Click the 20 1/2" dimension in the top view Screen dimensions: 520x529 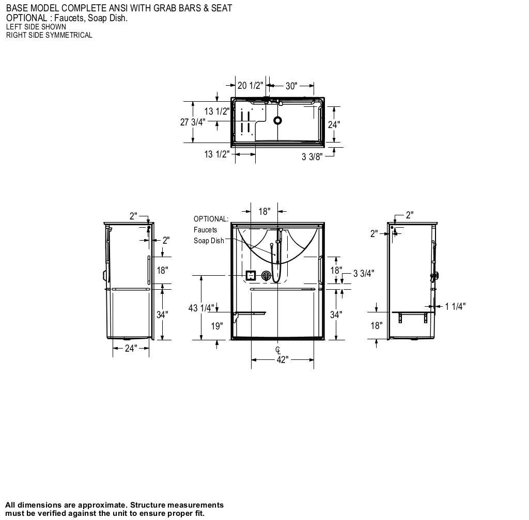point(250,86)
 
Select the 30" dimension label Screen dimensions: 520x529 point(292,86)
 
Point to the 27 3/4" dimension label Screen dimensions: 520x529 point(193,122)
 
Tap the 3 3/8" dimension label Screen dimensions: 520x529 point(312,156)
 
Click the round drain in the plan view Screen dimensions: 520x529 point(278,120)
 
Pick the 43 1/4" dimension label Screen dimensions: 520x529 point(201,308)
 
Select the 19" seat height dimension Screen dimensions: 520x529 point(217,326)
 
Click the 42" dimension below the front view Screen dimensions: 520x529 point(282,360)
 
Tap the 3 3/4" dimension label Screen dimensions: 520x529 point(364,274)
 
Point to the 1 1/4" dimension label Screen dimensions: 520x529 point(455,306)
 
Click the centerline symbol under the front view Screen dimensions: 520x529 point(278,350)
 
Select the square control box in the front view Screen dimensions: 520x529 point(251,275)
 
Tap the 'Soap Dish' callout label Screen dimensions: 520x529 point(209,241)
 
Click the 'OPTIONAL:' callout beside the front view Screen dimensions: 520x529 point(211,219)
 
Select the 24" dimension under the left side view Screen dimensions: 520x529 point(131,349)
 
